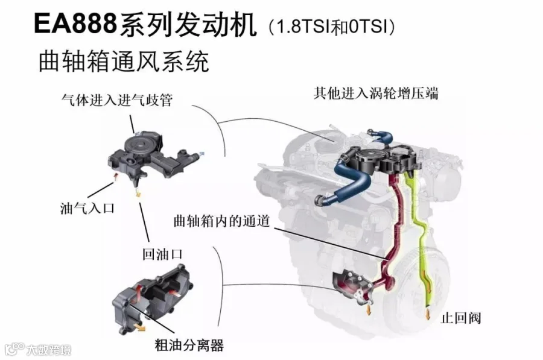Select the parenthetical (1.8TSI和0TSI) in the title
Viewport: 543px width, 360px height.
click(331, 26)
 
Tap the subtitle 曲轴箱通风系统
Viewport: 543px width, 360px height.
click(123, 62)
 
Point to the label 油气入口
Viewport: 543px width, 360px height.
click(87, 208)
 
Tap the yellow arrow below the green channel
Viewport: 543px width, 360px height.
click(428, 314)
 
